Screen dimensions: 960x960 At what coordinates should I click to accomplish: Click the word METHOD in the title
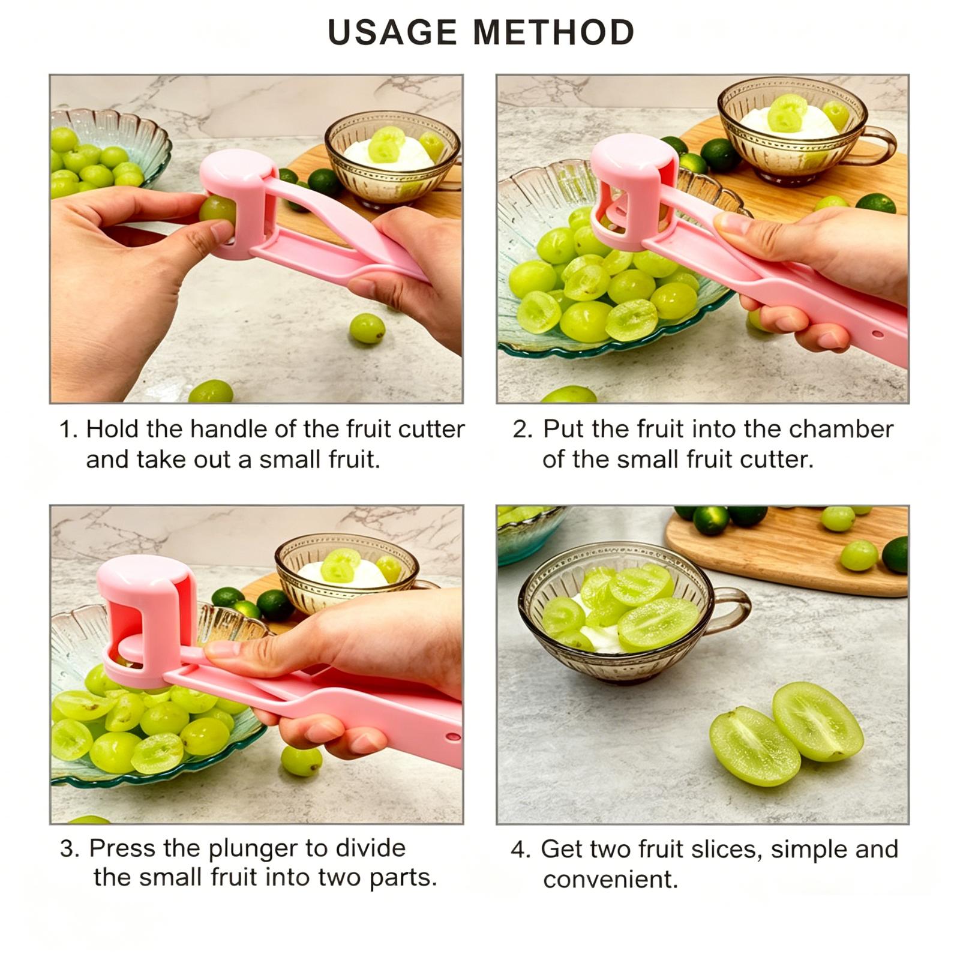pyautogui.click(x=554, y=32)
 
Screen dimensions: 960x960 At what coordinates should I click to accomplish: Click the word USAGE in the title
pyautogui.click(x=392, y=32)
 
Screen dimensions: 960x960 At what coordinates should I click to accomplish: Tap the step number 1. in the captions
pyautogui.click(x=68, y=430)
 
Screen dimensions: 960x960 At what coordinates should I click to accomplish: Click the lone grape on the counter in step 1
pyautogui.click(x=367, y=329)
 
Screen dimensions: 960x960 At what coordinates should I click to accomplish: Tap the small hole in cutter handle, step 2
pyautogui.click(x=877, y=334)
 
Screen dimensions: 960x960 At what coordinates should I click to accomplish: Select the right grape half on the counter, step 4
pyautogui.click(x=818, y=722)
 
